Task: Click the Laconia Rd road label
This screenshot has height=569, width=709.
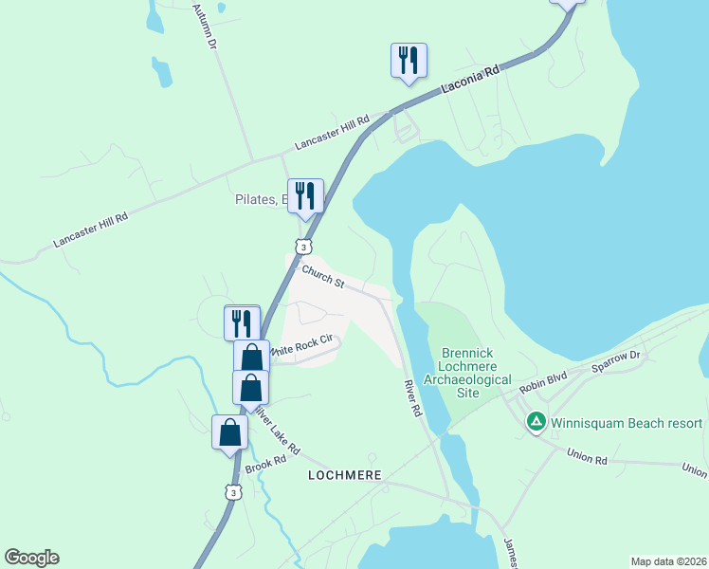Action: (470, 83)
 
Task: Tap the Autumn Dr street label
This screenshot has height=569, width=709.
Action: (205, 27)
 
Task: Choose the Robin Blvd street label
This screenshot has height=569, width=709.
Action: (543, 382)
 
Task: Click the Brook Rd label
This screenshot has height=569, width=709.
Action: (265, 465)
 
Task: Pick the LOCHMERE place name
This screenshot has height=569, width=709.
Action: (345, 474)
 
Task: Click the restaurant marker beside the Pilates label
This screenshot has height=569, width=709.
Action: (305, 196)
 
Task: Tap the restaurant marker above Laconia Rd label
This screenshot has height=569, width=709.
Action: (409, 61)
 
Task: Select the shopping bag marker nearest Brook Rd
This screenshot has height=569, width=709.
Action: (229, 432)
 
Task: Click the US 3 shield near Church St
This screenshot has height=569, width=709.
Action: (302, 247)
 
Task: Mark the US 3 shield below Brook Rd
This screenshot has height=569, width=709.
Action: (232, 491)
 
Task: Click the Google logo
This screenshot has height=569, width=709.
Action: (31, 558)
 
